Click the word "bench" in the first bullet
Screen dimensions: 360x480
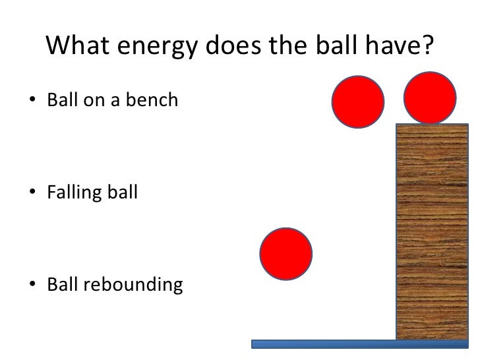point(154,101)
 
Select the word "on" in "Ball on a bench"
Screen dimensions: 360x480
point(90,101)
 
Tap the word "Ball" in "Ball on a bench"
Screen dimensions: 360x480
point(61,101)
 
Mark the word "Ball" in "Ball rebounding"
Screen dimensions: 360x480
point(61,285)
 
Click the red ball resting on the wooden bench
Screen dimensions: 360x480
point(429,97)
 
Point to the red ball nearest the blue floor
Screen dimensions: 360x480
point(286,254)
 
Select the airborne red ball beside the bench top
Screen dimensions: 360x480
point(358,100)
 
